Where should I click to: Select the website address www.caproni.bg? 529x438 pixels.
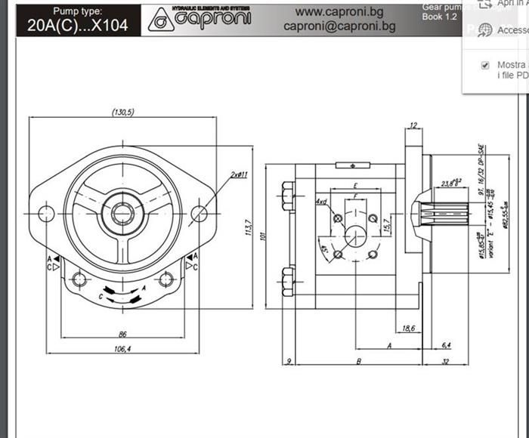339,11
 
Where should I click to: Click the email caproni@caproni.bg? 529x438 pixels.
339,26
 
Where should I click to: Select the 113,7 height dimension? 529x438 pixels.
248,226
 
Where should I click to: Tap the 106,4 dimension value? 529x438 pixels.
122,349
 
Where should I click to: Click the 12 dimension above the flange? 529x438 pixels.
413,125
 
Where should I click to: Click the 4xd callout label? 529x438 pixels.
321,202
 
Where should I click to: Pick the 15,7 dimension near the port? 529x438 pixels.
386,224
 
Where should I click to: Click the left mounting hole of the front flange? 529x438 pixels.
46,213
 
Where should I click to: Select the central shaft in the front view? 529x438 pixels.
122,213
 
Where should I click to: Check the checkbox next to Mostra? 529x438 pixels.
485,66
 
